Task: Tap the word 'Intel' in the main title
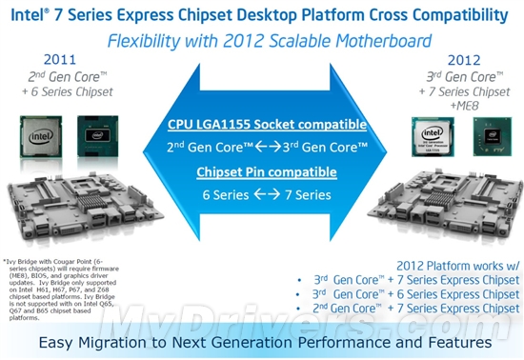[x=29, y=13]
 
